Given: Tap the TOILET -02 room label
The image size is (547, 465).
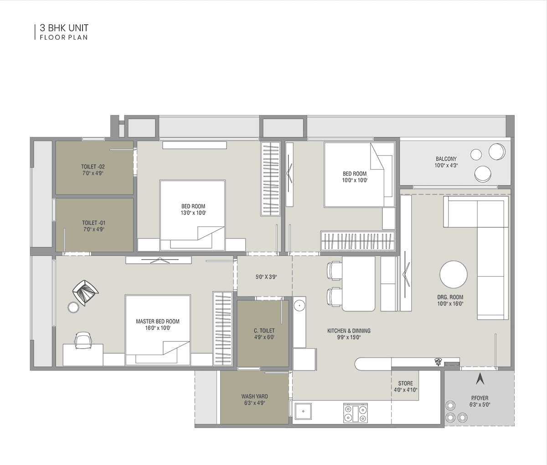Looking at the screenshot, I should [93, 167].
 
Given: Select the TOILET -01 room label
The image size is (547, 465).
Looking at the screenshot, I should [93, 223].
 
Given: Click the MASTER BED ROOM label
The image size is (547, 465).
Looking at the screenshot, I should [158, 321].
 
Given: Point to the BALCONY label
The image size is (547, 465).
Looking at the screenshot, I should [446, 159].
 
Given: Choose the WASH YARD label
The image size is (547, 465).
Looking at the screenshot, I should [254, 397].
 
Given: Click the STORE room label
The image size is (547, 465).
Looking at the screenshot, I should [405, 383].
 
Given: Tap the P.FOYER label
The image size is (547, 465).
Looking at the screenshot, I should [479, 398].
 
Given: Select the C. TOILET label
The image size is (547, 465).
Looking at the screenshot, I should [264, 331].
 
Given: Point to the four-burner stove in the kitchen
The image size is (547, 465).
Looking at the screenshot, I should [355, 413].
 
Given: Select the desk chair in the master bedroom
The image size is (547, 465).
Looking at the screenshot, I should [83, 340].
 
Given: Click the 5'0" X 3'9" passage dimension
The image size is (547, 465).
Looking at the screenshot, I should [266, 277].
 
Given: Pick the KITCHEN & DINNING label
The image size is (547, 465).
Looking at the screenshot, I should [349, 331].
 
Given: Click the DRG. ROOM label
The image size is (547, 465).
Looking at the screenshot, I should [450, 297].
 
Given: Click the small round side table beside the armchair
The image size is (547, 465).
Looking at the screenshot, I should [73, 308].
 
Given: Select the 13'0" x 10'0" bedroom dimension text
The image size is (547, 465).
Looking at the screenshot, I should [193, 213].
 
